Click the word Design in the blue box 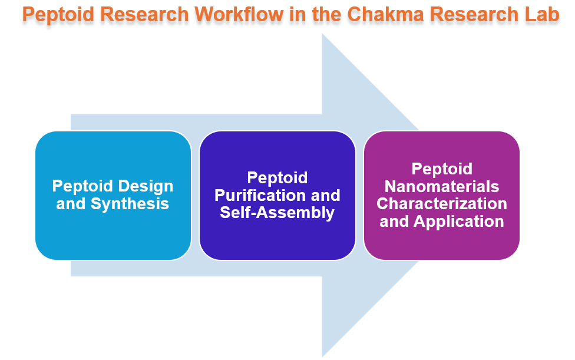pyautogui.click(x=144, y=186)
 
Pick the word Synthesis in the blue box pyautogui.click(x=130, y=204)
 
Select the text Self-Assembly pyautogui.click(x=277, y=213)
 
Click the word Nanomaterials pyautogui.click(x=442, y=186)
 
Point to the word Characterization pyautogui.click(x=442, y=204)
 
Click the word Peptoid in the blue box pyautogui.click(x=82, y=186)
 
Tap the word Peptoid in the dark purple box pyautogui.click(x=277, y=177)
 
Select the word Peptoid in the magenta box pyautogui.click(x=442, y=169)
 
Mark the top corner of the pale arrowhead pyautogui.click(x=322, y=34)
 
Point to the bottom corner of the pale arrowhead pyautogui.click(x=322, y=356)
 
